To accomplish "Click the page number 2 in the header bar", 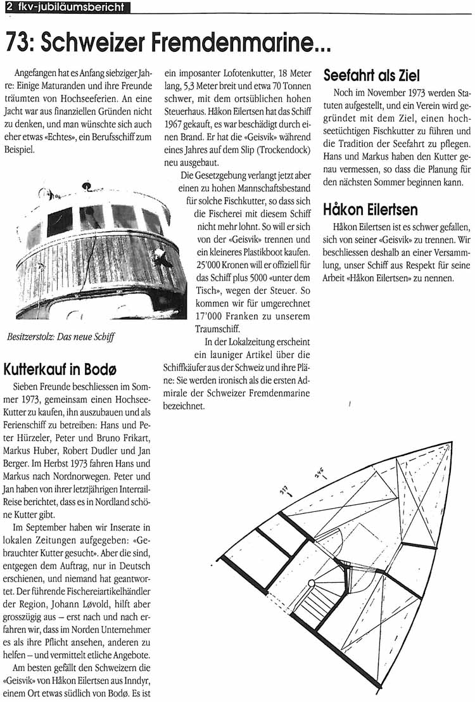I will click(9, 7).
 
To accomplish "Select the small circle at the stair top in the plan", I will click(311, 582).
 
